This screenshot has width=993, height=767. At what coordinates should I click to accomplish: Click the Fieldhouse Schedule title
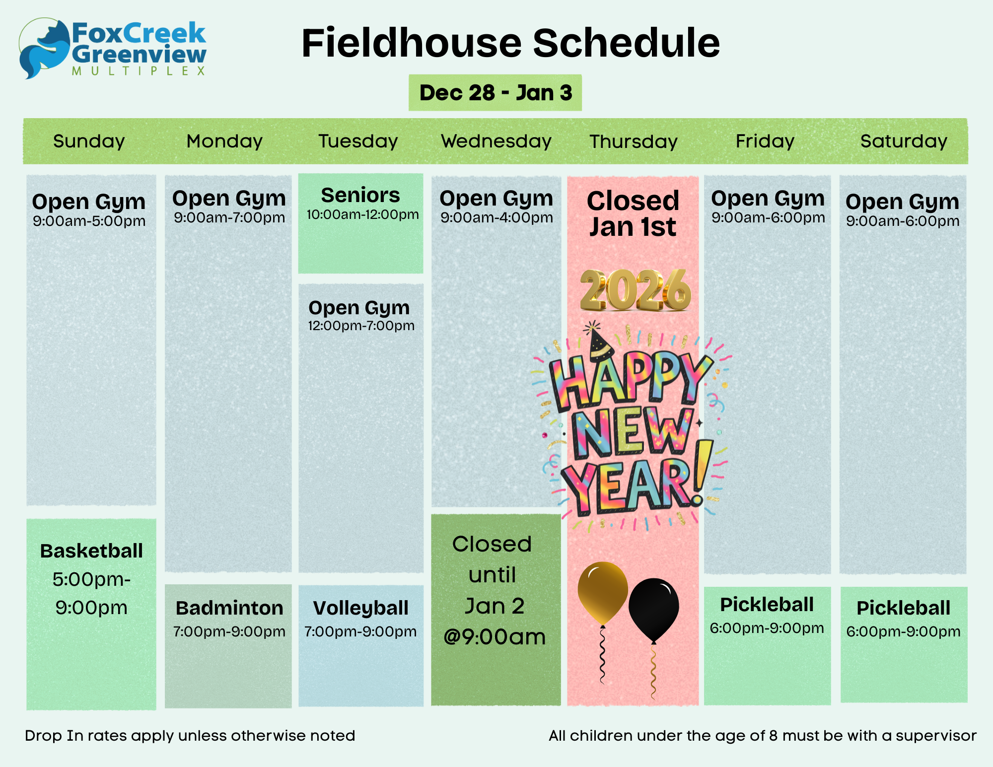click(x=510, y=43)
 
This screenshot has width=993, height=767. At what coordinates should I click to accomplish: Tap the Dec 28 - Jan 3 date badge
click(x=495, y=93)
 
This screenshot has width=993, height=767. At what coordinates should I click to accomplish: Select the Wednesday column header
click(x=496, y=141)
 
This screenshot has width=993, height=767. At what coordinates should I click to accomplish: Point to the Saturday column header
click(x=904, y=141)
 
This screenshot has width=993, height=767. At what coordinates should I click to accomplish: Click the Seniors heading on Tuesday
click(x=360, y=195)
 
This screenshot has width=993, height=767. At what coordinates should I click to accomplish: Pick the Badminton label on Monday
click(x=229, y=608)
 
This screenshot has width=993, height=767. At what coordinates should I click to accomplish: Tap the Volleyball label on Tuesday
click(x=361, y=608)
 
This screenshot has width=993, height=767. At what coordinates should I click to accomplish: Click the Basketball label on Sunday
click(x=91, y=551)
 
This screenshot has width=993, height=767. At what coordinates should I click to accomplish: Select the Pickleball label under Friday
click(x=767, y=605)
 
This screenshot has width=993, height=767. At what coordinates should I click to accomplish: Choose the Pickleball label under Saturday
click(x=904, y=608)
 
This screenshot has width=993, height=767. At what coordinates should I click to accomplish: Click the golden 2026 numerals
click(x=636, y=290)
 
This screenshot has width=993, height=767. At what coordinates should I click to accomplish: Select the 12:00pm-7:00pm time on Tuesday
click(x=361, y=326)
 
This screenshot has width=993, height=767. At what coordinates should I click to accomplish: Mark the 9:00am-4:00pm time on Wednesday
click(x=496, y=218)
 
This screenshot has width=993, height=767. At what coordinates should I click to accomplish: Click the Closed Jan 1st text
click(x=633, y=214)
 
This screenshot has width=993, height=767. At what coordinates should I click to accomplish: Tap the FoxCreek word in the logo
click(x=139, y=33)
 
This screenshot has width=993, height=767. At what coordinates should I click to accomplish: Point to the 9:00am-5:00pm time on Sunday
click(x=89, y=221)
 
